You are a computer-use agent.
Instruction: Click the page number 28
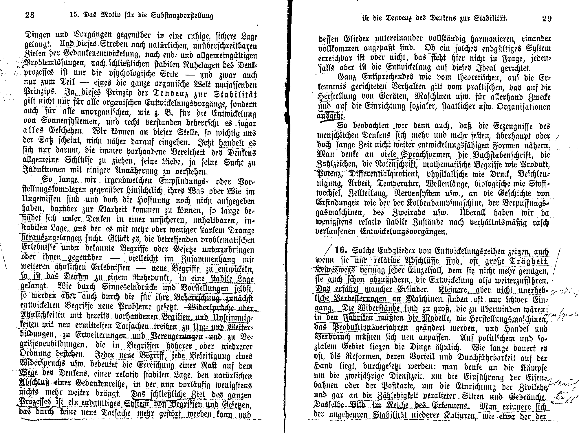(30, 15)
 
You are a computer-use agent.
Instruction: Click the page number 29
(547, 19)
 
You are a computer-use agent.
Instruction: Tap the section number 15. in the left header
(75, 15)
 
